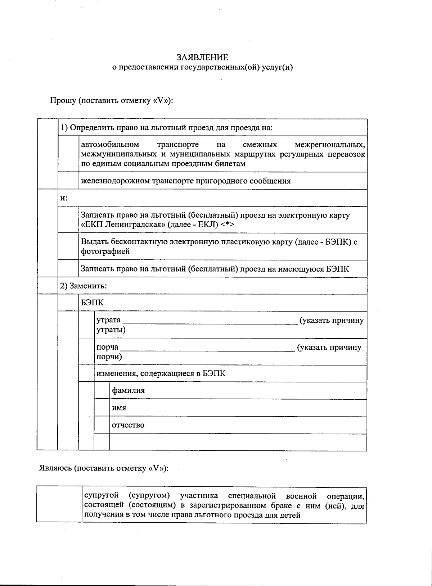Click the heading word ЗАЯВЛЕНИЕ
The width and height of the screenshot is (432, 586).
click(202, 58)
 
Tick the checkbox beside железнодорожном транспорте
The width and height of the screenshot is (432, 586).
click(68, 181)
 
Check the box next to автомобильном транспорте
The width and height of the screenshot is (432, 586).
click(68, 154)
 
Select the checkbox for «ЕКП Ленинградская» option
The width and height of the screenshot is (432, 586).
click(68, 220)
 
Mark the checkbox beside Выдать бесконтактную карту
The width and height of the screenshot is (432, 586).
click(68, 246)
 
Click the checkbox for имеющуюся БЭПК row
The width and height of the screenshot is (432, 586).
click(68, 269)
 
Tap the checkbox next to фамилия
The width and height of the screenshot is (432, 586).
click(102, 391)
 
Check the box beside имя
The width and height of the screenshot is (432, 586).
click(102, 408)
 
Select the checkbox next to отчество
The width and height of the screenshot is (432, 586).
click(102, 425)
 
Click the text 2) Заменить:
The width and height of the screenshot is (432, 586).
click(84, 286)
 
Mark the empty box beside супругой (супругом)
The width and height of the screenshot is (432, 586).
click(59, 505)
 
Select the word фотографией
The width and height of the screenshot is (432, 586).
click(105, 251)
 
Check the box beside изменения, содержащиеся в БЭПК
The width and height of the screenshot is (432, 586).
click(86, 373)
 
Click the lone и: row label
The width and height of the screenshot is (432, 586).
click(64, 198)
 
